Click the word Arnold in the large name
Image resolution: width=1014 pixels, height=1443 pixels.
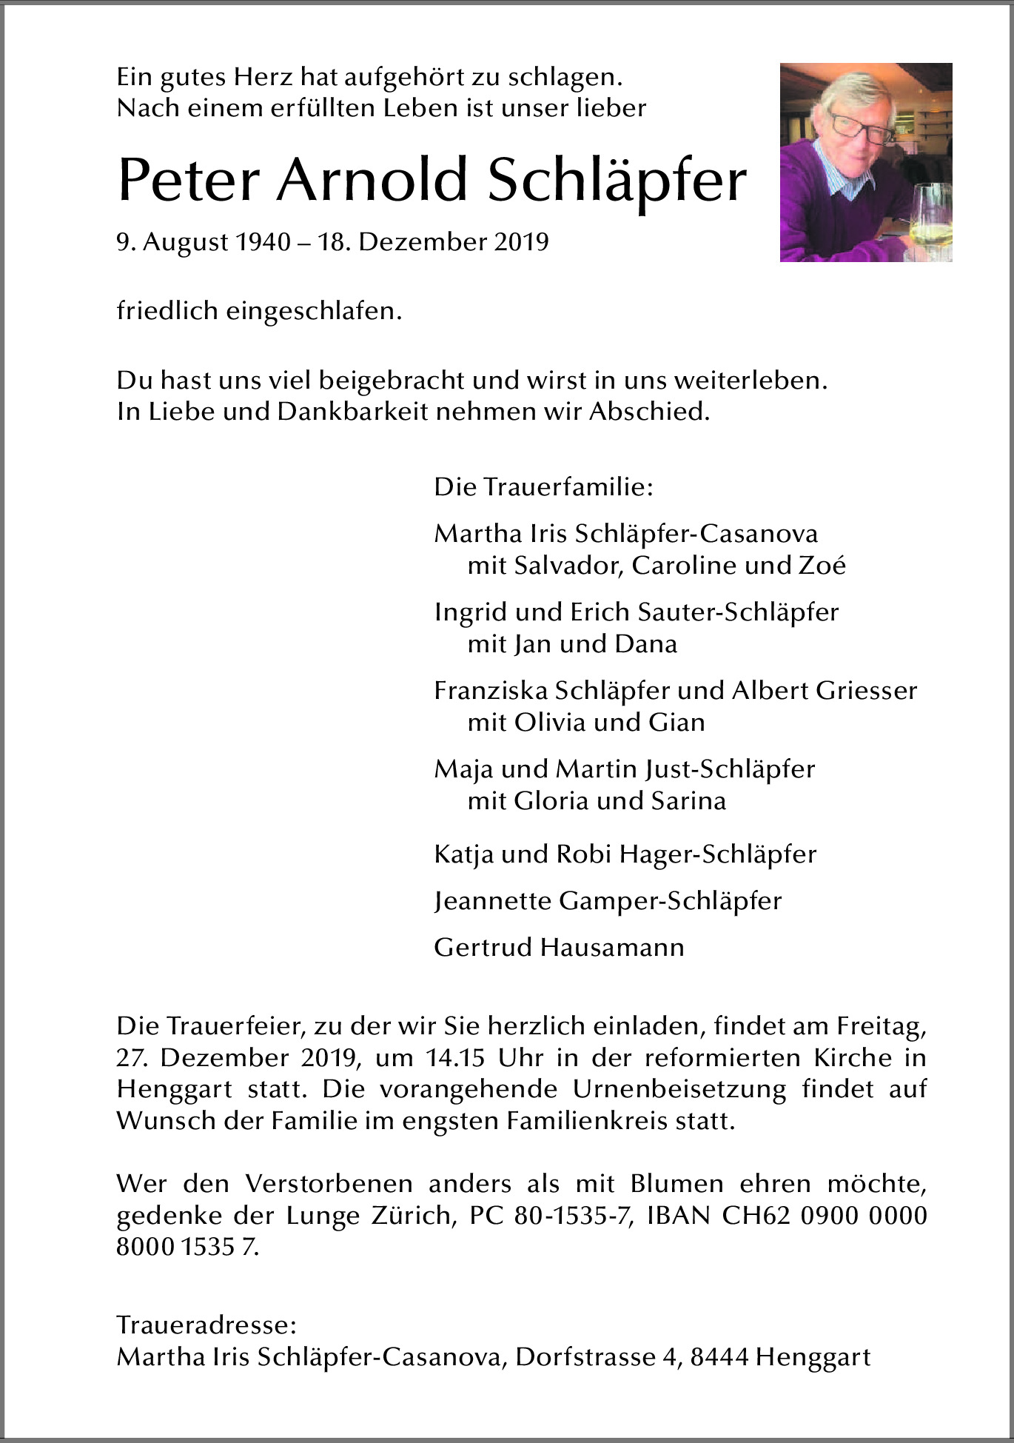(372, 181)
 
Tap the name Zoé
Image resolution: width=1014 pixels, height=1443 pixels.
(822, 566)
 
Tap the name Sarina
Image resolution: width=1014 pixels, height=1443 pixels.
(688, 800)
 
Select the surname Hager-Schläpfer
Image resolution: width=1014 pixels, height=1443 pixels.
(717, 854)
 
